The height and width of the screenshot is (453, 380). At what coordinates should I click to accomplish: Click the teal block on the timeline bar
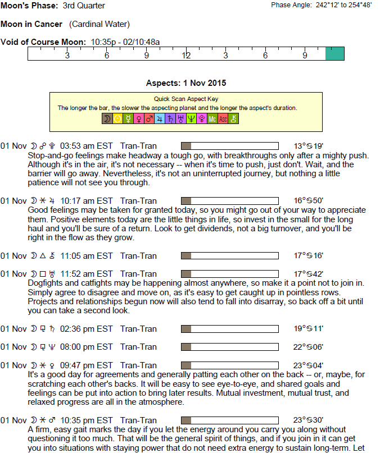click(x=334, y=54)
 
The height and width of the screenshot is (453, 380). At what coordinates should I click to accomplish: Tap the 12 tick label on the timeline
click(x=186, y=56)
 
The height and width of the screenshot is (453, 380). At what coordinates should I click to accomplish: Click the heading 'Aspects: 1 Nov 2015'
click(x=186, y=83)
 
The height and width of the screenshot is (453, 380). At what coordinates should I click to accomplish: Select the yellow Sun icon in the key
click(x=117, y=118)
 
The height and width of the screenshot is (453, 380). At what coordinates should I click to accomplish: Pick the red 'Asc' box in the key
click(x=223, y=118)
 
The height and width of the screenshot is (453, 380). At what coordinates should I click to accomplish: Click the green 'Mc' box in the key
click(x=212, y=118)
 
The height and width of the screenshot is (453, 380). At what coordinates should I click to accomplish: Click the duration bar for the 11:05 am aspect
click(x=229, y=256)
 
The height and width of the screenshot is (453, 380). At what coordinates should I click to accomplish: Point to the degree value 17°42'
click(x=308, y=274)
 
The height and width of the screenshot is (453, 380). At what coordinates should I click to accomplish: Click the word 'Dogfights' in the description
click(x=46, y=283)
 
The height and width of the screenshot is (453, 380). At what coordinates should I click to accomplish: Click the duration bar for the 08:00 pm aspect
click(x=229, y=347)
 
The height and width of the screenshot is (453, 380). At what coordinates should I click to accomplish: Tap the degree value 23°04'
click(x=308, y=365)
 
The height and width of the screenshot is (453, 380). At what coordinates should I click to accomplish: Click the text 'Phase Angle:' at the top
click(x=291, y=5)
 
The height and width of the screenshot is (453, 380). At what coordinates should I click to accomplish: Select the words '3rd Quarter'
click(x=84, y=6)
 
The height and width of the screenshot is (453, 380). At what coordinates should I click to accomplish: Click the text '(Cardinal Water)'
click(x=99, y=24)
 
